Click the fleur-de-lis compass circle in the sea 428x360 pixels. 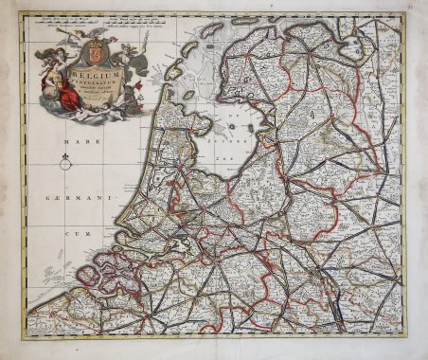pos(64,163)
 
